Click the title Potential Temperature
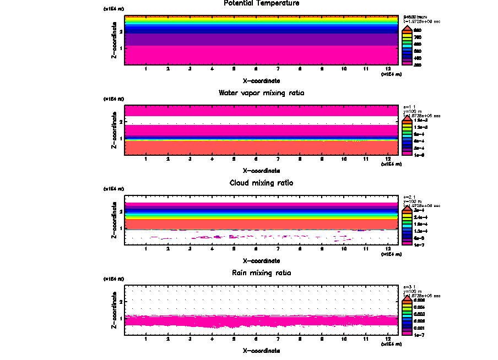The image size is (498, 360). click(262, 3)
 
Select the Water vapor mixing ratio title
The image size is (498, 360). click(262, 93)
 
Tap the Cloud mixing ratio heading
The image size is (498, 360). click(262, 183)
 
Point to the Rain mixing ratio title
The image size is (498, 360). click(262, 273)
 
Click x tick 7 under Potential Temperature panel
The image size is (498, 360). click(278, 69)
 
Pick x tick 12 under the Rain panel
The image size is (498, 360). click(388, 339)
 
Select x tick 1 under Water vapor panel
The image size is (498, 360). click(146, 159)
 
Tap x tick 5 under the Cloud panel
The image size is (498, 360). click(234, 249)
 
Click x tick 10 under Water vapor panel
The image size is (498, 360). click(344, 159)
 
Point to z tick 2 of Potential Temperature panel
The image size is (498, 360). click(121, 32)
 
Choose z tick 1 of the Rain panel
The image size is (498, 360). click(121, 318)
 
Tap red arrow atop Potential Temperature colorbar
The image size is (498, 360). click(407, 29)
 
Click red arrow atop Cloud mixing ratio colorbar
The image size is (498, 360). click(407, 209)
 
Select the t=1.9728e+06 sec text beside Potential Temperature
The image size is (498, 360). click(422, 21)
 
